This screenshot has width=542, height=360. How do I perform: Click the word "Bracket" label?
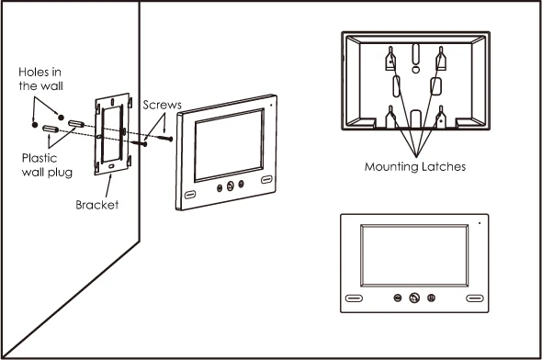[x=97, y=204]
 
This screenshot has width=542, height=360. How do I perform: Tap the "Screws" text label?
[x=162, y=106]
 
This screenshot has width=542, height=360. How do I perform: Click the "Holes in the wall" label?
[x=40, y=78]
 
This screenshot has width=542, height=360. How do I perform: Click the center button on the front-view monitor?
[x=413, y=298]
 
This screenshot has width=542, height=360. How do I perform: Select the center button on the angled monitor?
[x=230, y=186]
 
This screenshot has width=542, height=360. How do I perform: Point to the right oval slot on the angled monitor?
[x=266, y=180]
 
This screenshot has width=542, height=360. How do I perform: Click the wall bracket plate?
[x=113, y=133]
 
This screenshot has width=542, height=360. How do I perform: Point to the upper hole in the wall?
[x=61, y=116]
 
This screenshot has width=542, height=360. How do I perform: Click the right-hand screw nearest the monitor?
[x=168, y=138]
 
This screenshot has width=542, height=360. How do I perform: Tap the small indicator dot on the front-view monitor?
[x=480, y=222]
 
